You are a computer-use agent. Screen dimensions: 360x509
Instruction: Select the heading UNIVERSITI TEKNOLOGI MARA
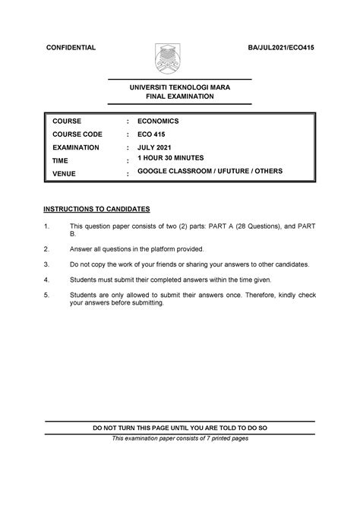click(178, 87)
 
